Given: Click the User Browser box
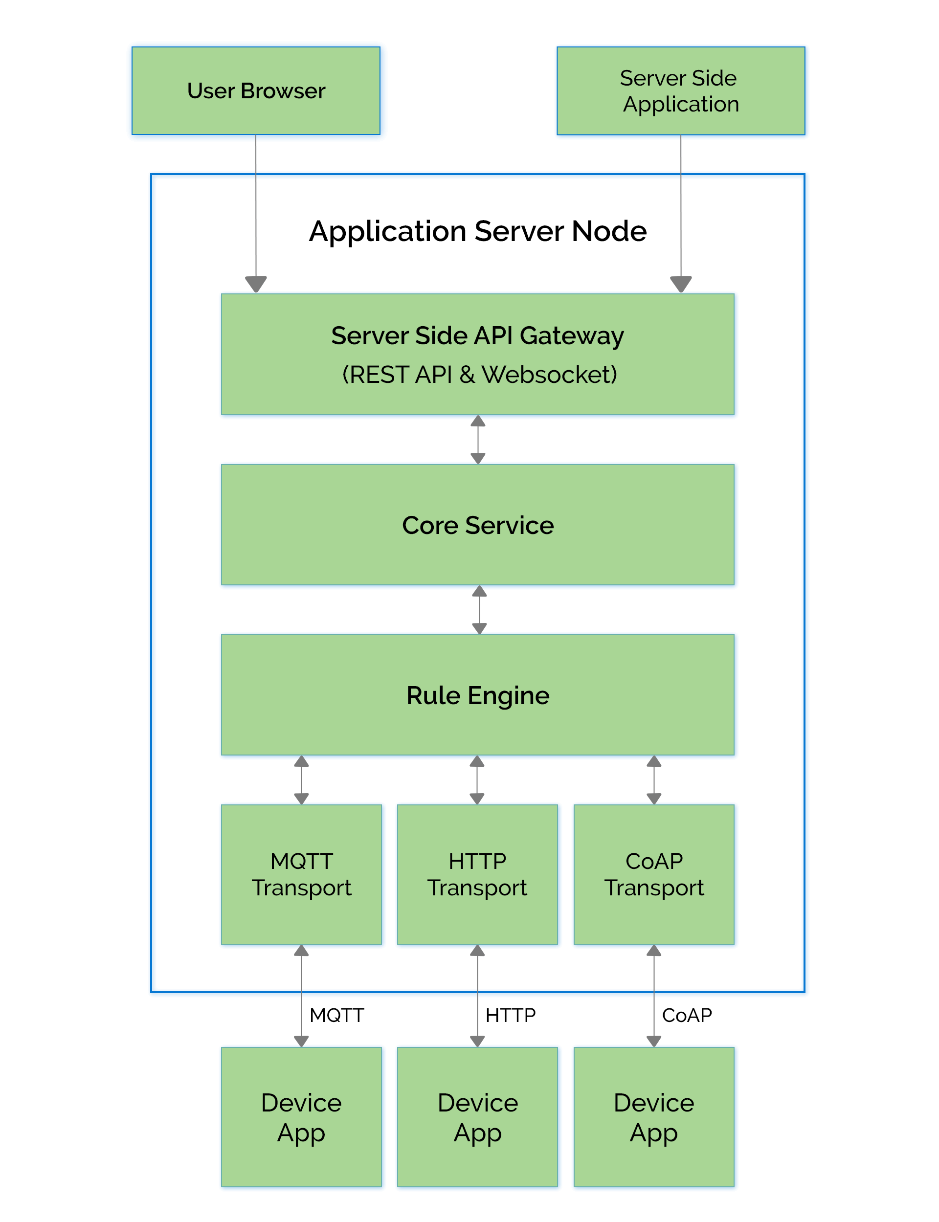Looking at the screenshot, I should click(x=256, y=91).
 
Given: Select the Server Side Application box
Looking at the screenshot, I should click(x=681, y=91).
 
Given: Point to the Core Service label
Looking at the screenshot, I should click(x=477, y=525).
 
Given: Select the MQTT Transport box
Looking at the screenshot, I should click(x=302, y=874).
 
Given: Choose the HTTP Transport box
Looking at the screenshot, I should click(x=477, y=874).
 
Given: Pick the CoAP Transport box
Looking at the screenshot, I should click(x=654, y=874).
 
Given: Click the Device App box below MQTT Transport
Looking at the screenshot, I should click(x=302, y=1117).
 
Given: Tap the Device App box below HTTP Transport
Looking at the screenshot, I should click(x=477, y=1117).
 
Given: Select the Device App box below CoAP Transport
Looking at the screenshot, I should click(x=654, y=1117).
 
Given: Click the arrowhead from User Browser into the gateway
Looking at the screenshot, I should click(x=256, y=283).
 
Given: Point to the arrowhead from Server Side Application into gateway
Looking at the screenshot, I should click(x=681, y=283).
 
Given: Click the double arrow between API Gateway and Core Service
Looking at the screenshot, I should click(x=478, y=440).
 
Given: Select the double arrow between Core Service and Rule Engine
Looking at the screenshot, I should click(x=479, y=610).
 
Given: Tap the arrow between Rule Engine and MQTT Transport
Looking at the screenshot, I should click(x=301, y=779).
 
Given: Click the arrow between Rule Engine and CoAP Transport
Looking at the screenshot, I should click(x=654, y=779).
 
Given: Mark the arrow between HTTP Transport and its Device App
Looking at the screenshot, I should click(x=477, y=996).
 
